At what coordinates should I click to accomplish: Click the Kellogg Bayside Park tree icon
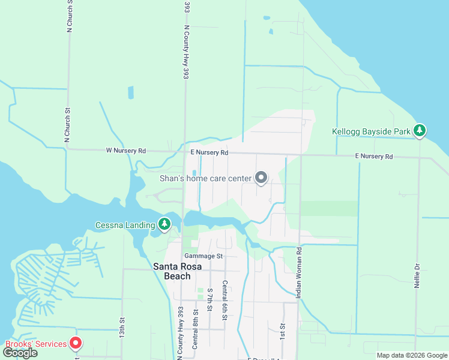[x=420, y=131]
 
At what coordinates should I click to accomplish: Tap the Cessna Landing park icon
[x=164, y=225]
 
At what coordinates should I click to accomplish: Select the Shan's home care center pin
[x=261, y=178]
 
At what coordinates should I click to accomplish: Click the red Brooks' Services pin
[x=76, y=344]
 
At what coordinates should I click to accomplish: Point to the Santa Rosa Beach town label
[x=172, y=271]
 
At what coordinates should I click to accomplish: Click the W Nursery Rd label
[x=126, y=150]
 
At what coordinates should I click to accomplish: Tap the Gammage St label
[x=203, y=256]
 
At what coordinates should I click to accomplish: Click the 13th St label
[x=121, y=327]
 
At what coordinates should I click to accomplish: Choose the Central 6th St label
[x=224, y=300]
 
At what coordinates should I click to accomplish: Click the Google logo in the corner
[x=20, y=353]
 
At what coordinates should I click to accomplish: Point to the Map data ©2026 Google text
[x=411, y=355]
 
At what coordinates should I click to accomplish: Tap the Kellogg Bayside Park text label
[x=371, y=131]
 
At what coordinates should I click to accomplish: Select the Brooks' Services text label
[x=35, y=344]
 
